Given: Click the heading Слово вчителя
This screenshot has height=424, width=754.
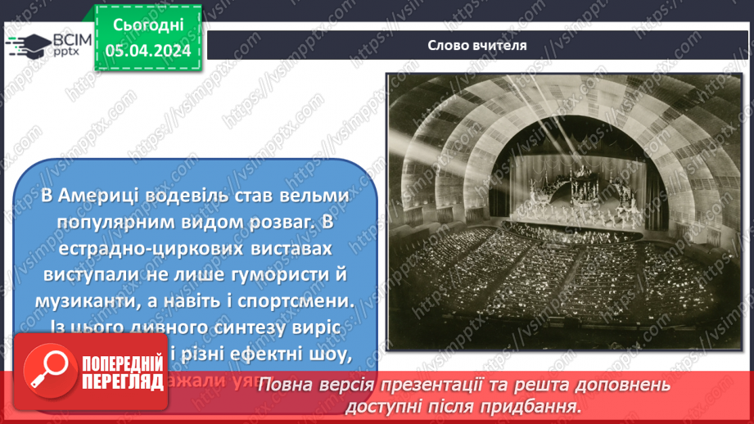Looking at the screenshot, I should pos(476,45).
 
